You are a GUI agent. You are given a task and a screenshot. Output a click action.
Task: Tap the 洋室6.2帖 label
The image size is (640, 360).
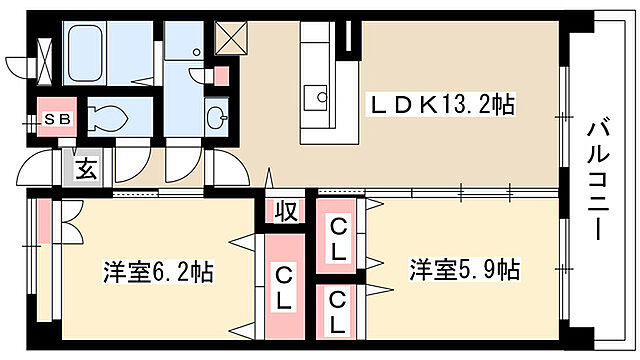pyautogui.click(x=158, y=271)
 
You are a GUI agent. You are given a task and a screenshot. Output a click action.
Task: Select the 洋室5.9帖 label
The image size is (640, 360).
pyautogui.click(x=463, y=270)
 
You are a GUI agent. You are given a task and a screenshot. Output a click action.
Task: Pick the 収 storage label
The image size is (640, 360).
pyautogui.click(x=286, y=211)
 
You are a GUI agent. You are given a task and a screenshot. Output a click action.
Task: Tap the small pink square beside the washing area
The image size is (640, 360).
pyautogui.click(x=221, y=74)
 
